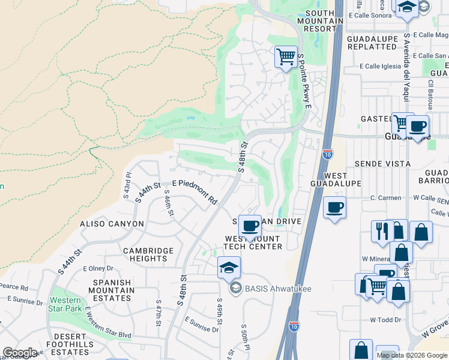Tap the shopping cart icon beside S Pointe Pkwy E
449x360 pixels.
pos(286,57)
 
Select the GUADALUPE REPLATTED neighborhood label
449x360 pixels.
pos(372,43)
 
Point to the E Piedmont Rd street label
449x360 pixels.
pos(194,190)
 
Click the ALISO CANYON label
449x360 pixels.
pos(112,224)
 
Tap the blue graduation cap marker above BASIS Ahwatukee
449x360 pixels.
pos(229,268)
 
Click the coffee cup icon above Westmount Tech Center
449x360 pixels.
pos(250,226)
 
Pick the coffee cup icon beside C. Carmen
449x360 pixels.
pos(334,208)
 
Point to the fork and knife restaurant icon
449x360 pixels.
pos(382,231)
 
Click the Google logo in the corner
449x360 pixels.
pos(19,353)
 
